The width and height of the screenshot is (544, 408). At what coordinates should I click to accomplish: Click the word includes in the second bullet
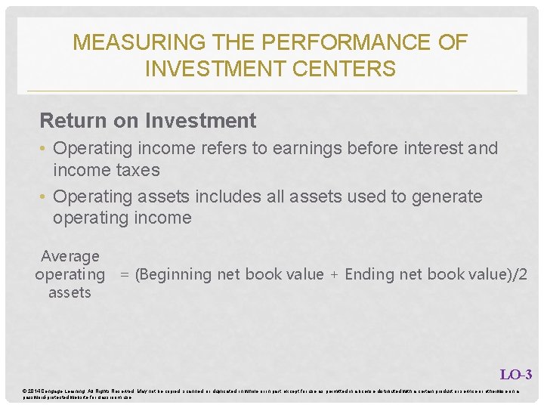tap(224, 196)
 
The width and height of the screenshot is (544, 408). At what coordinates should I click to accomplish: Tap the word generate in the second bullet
tap(447, 197)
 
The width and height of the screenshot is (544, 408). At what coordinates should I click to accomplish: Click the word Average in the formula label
tap(70, 257)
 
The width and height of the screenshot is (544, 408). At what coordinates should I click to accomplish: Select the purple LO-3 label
tap(515, 374)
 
